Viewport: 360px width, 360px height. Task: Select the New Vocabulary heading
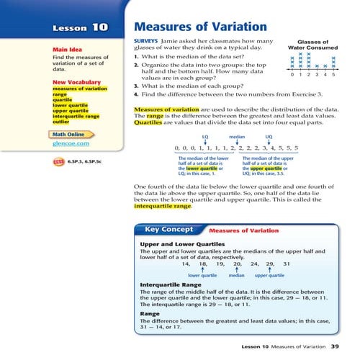[70, 82]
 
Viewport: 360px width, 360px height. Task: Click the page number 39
[334, 346]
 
